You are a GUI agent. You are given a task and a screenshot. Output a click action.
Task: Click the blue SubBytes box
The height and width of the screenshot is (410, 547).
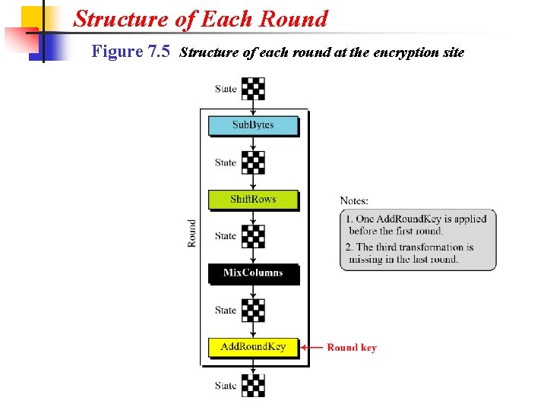tap(253, 125)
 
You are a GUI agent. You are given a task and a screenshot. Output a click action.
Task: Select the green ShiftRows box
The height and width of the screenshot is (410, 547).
tap(253, 200)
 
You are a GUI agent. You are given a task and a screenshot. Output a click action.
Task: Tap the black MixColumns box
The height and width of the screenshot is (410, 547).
tap(253, 273)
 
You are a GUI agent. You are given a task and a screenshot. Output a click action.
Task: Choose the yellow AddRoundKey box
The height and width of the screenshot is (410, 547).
tap(253, 347)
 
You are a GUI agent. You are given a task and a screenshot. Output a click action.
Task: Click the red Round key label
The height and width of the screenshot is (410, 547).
tap(352, 348)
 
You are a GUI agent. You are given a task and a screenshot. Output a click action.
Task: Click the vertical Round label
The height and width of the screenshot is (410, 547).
tap(192, 234)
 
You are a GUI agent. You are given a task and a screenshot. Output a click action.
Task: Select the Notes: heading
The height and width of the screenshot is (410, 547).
tap(354, 200)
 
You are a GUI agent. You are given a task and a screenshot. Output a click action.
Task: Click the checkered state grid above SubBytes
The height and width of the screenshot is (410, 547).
tap(254, 89)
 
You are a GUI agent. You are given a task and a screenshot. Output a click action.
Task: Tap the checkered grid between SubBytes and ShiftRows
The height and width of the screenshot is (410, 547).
tap(254, 162)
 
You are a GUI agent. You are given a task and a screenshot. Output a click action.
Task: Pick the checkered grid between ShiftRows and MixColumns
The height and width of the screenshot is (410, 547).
tap(254, 236)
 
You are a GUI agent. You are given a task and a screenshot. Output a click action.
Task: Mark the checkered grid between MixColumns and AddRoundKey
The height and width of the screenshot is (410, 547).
tap(254, 310)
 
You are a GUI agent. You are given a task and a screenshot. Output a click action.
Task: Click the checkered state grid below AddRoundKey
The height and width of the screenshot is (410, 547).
tap(254, 385)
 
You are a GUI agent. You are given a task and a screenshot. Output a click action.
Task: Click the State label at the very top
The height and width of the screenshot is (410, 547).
tap(226, 89)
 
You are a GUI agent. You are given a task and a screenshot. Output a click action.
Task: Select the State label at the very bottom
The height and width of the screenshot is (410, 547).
tap(226, 386)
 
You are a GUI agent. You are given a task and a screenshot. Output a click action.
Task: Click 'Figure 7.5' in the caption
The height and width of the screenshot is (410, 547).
tap(130, 52)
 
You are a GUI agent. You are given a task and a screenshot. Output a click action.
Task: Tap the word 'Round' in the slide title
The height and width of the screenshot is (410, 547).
tap(296, 18)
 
